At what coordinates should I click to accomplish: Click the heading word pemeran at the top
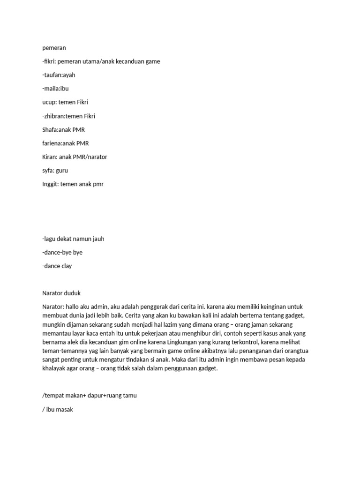point(54,48)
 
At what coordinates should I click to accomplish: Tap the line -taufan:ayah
point(59,75)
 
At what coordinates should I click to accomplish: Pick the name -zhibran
point(53,116)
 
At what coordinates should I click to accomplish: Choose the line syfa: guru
point(55,170)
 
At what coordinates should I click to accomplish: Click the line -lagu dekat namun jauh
point(73,239)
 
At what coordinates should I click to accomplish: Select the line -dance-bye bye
point(62,252)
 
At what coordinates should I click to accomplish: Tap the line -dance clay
point(57,266)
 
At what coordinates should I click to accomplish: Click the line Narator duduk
point(61,293)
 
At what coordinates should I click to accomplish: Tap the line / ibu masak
point(58,409)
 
